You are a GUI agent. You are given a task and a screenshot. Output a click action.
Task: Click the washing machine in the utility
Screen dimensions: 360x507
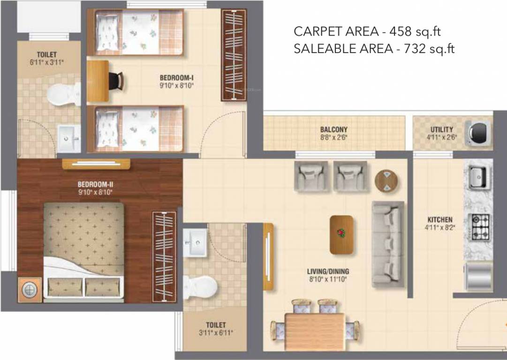click(478, 132)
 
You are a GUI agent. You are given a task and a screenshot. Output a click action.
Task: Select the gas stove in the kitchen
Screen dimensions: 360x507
click(480, 226)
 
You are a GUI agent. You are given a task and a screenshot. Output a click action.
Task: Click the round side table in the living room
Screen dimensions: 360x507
click(386, 180)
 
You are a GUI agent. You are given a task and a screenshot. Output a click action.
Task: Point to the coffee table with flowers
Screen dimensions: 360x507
click(341, 234)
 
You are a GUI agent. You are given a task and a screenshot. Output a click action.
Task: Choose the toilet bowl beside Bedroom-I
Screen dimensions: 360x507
click(58, 93)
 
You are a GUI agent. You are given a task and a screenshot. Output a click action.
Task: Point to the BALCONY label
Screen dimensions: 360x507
click(334, 129)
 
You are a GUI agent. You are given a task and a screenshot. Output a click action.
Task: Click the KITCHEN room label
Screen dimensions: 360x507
click(439, 219)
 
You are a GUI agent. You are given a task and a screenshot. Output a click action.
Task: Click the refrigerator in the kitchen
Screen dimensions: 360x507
click(478, 277)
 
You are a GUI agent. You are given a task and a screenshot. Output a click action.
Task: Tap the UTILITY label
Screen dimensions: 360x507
click(442, 129)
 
